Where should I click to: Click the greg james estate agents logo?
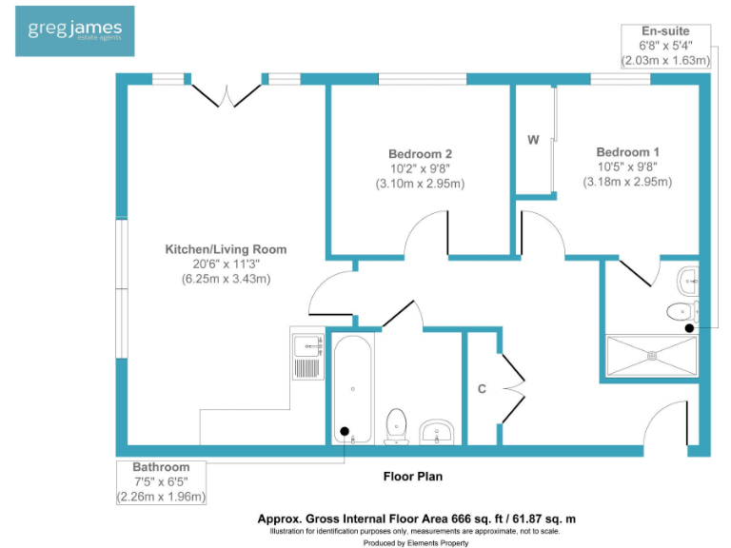tap(74, 31)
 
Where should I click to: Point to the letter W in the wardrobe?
tap(534, 140)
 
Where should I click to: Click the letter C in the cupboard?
tap(483, 388)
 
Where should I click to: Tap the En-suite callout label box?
tap(665, 46)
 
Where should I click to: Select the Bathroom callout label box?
tap(161, 481)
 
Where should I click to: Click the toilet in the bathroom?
tap(396, 425)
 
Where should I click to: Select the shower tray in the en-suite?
tap(652, 356)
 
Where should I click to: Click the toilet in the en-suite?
tap(682, 311)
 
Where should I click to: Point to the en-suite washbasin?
tap(689, 280)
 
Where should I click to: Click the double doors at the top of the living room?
tap(226, 94)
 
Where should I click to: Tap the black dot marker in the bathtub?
tap(345, 431)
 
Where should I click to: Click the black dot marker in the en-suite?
tap(690, 328)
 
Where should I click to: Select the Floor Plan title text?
tap(412, 476)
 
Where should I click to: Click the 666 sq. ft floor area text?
tap(416, 519)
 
